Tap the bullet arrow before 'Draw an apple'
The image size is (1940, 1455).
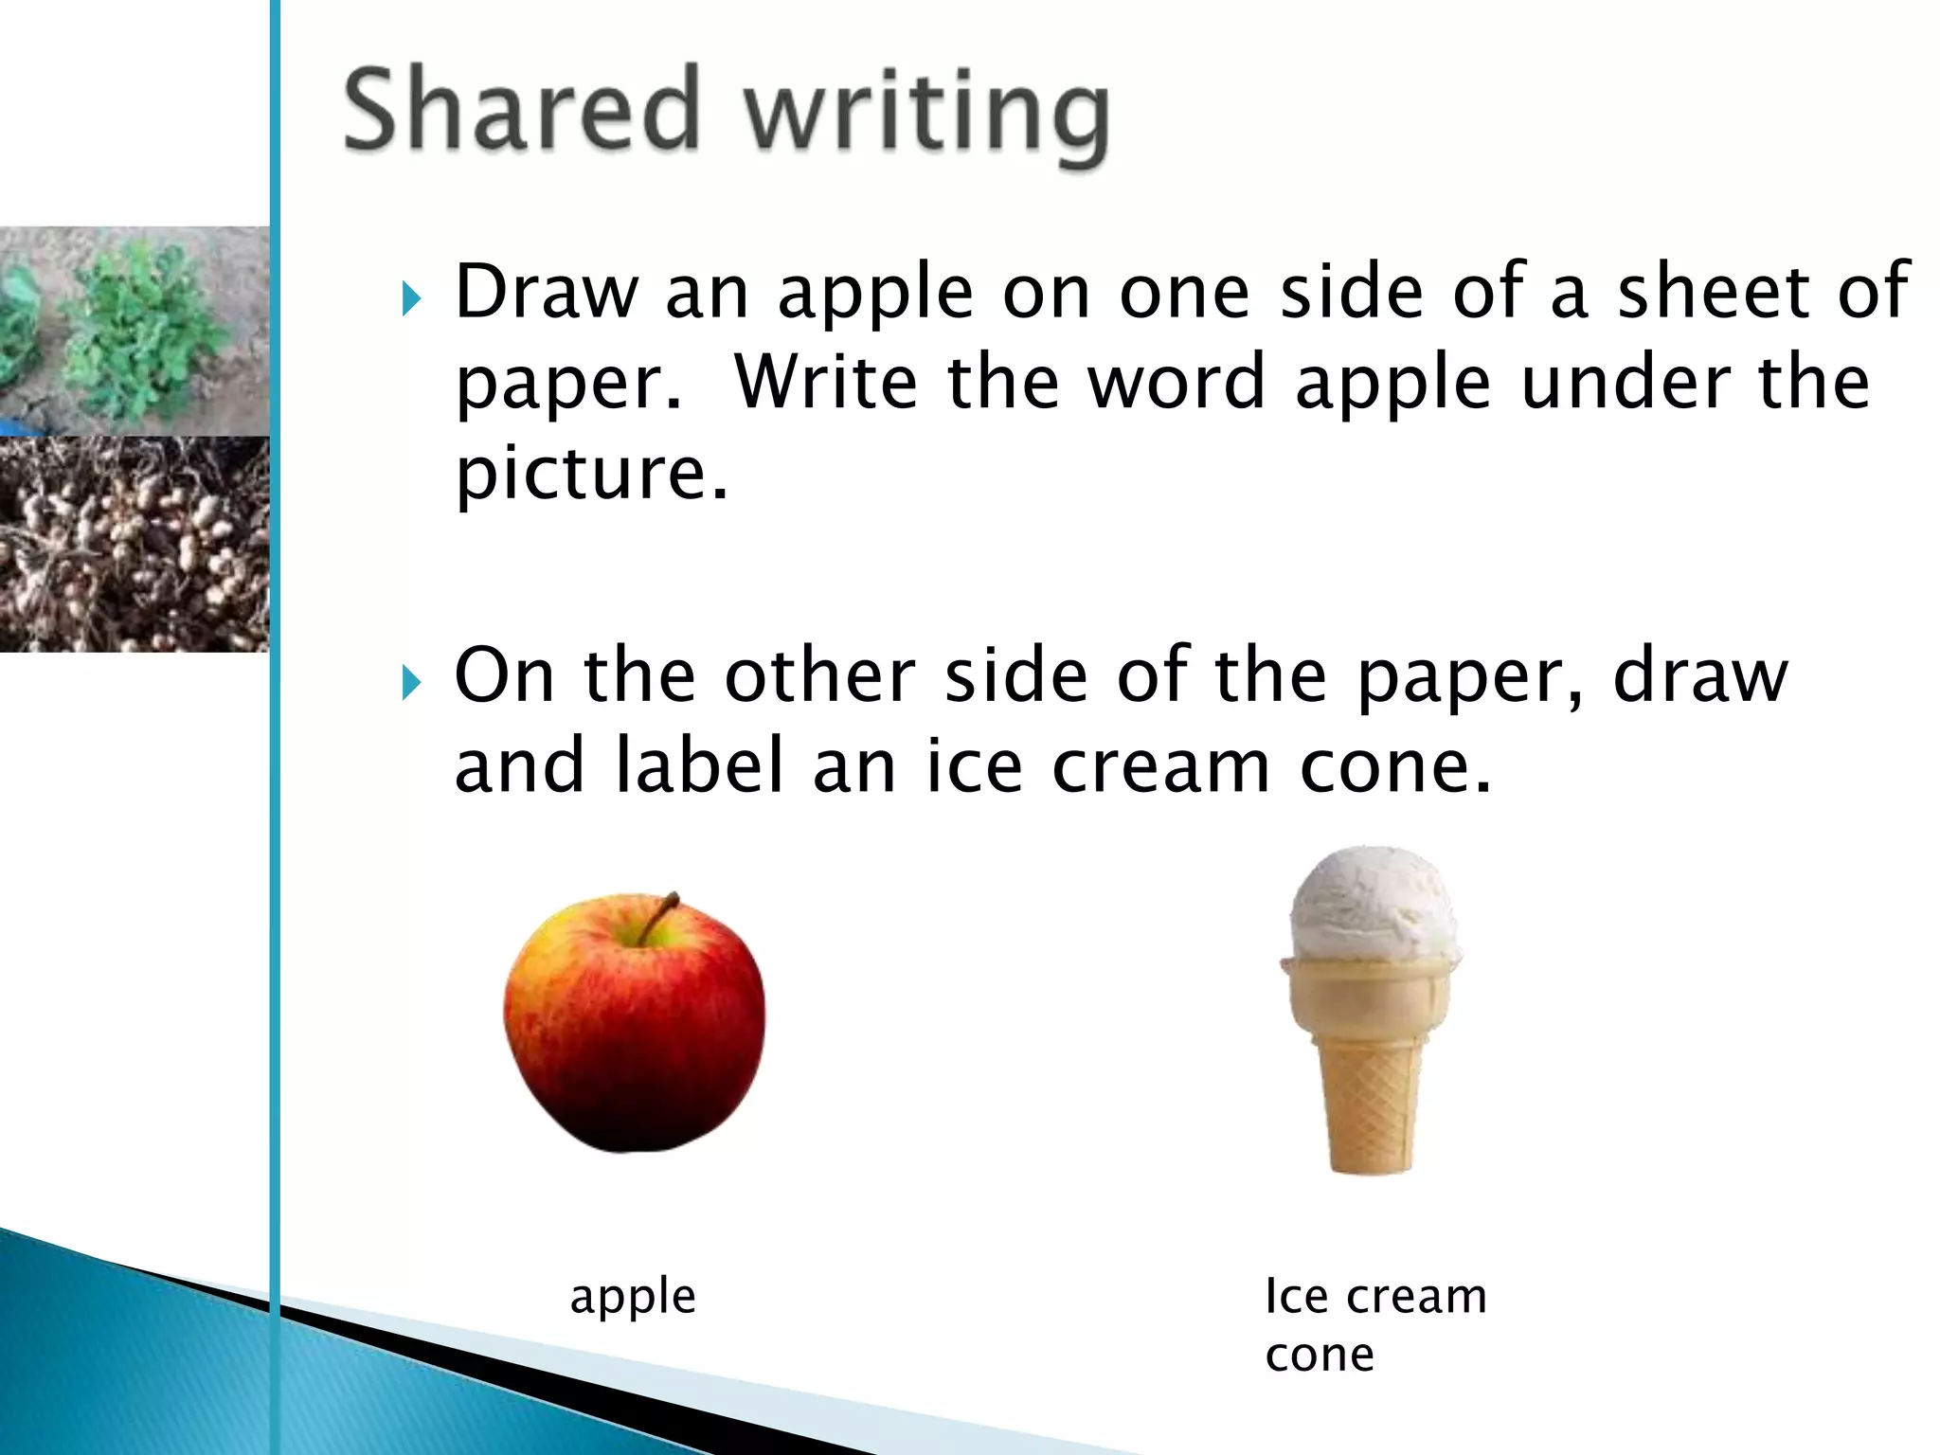[411, 298]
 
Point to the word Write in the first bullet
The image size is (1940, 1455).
[825, 383]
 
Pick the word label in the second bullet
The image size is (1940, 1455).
[700, 766]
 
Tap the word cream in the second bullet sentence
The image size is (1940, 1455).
[1160, 766]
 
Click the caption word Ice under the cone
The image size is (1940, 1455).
[1296, 1296]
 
